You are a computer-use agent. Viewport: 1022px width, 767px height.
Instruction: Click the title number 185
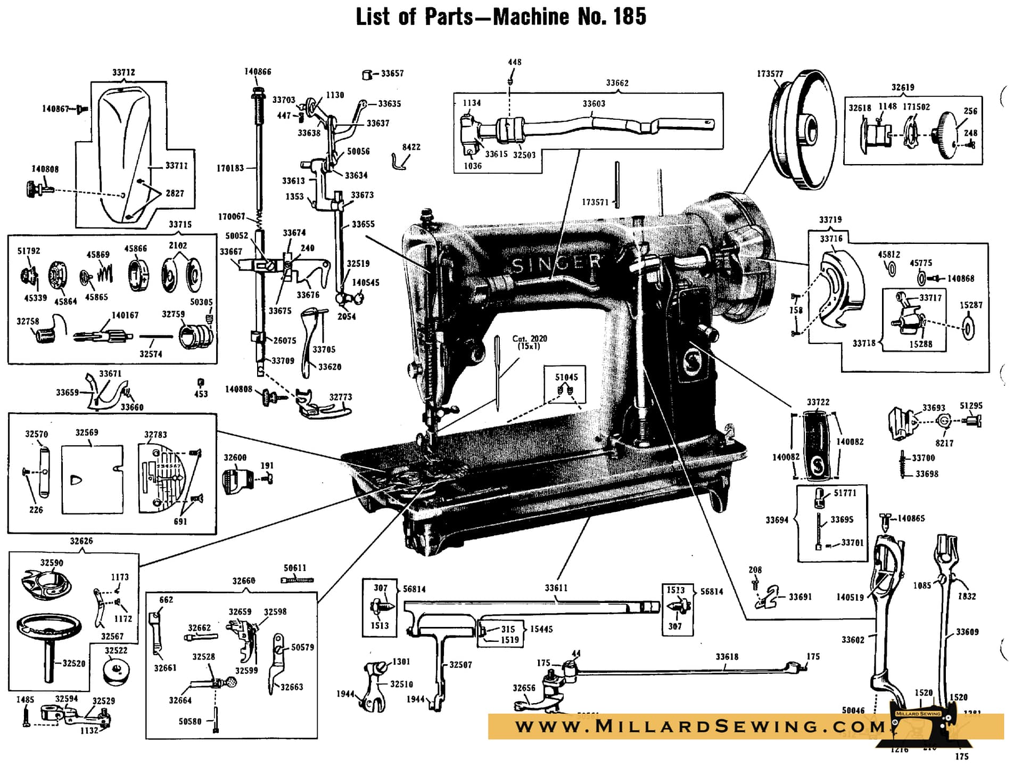pyautogui.click(x=629, y=17)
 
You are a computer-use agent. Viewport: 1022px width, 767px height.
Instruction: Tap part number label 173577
pyautogui.click(x=770, y=74)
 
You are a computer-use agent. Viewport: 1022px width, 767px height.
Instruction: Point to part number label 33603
pyautogui.click(x=594, y=104)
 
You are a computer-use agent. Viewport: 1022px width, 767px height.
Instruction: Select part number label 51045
pyautogui.click(x=566, y=377)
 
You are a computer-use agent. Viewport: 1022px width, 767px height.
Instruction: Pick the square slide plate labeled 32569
pyautogui.click(x=92, y=479)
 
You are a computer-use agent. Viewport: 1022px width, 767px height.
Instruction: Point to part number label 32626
pyautogui.click(x=81, y=541)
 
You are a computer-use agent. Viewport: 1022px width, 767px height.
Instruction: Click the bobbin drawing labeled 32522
pyautogui.click(x=116, y=671)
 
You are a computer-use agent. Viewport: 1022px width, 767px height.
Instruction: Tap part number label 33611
pyautogui.click(x=556, y=588)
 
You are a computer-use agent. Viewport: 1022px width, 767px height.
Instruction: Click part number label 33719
pyautogui.click(x=830, y=219)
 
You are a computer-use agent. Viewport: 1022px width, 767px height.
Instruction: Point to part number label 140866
pyautogui.click(x=258, y=72)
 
